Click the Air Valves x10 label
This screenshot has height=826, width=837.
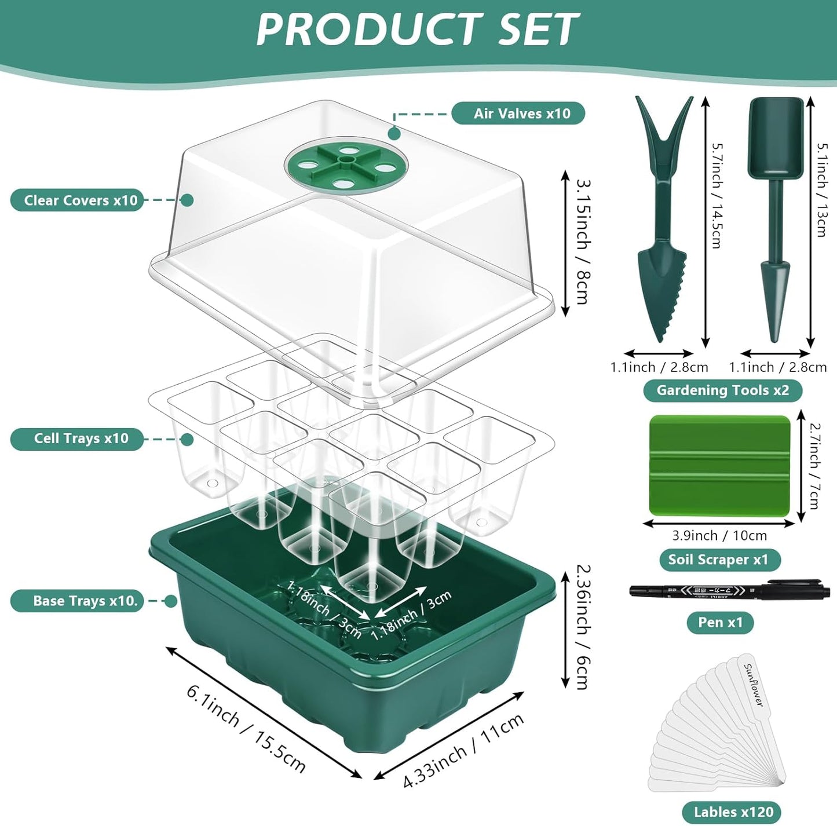tap(518, 114)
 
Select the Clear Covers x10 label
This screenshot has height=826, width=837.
tap(77, 200)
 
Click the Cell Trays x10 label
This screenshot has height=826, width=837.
tap(77, 438)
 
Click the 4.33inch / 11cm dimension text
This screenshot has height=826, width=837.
tap(463, 751)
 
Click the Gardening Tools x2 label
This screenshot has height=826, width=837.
tap(722, 390)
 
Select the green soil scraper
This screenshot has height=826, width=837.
tap(719, 465)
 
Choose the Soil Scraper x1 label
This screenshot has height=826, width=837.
tap(719, 560)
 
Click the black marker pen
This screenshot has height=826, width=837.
tap(730, 590)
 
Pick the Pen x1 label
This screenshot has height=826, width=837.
tap(719, 623)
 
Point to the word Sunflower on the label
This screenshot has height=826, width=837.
tap(754, 685)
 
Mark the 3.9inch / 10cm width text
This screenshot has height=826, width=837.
tap(719, 536)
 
